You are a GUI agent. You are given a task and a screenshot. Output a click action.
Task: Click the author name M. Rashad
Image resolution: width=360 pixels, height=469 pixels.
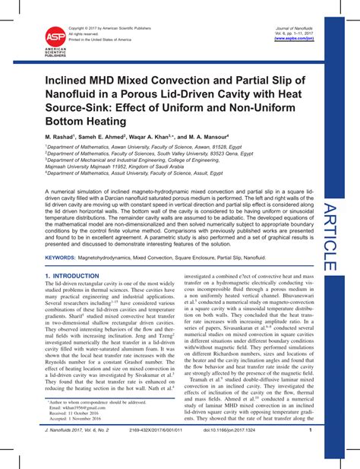tap(62, 134)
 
